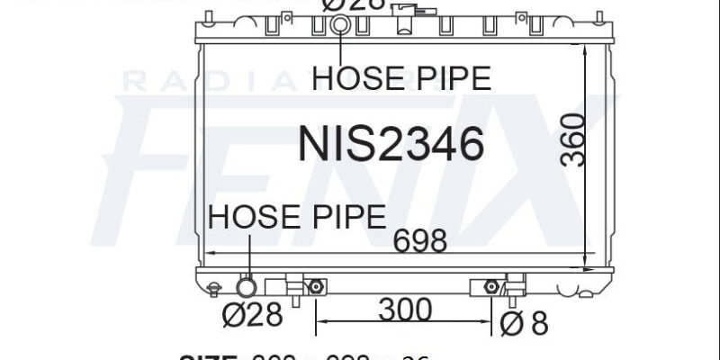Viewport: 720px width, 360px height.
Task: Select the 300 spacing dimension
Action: coord(404,310)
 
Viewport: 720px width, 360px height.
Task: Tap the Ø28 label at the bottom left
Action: coord(252,316)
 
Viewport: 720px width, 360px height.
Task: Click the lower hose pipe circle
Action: coord(247,288)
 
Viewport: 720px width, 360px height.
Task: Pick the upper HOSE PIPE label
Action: coord(400,78)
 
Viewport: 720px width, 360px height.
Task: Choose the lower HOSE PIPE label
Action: coord(297,216)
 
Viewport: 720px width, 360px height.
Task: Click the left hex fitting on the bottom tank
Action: coord(315,287)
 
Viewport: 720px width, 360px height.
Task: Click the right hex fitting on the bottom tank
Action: coord(490,287)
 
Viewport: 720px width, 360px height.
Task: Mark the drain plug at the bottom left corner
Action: coord(213,289)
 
